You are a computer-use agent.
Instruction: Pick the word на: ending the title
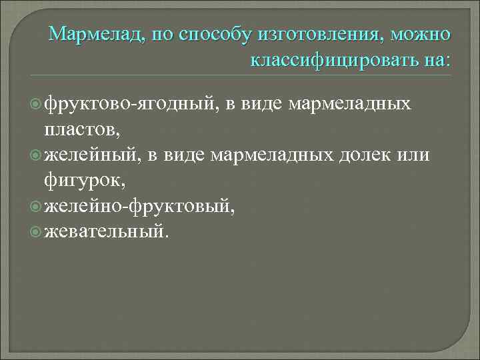tap(437, 61)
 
